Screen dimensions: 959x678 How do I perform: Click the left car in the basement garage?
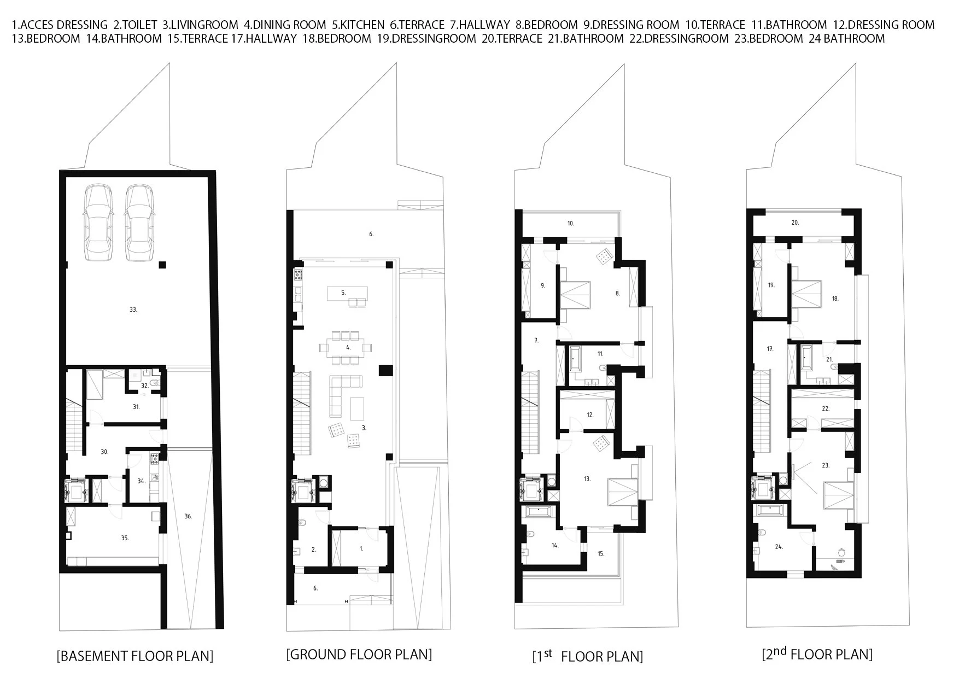point(99,224)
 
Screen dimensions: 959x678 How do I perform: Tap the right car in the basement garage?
point(139,224)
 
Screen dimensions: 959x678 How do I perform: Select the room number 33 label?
point(133,309)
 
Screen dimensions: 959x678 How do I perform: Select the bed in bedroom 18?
point(808,294)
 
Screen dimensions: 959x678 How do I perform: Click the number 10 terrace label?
point(571,223)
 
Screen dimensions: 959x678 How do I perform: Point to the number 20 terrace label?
point(796,223)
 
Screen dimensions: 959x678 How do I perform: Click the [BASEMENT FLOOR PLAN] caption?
point(135,656)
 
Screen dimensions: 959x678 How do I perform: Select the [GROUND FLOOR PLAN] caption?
point(359,654)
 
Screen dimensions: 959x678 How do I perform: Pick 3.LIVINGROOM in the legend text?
point(200,25)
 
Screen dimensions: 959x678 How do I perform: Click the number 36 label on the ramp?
point(188,516)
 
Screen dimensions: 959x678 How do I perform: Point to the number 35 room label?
point(125,538)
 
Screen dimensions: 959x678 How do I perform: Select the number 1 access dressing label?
point(361,547)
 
